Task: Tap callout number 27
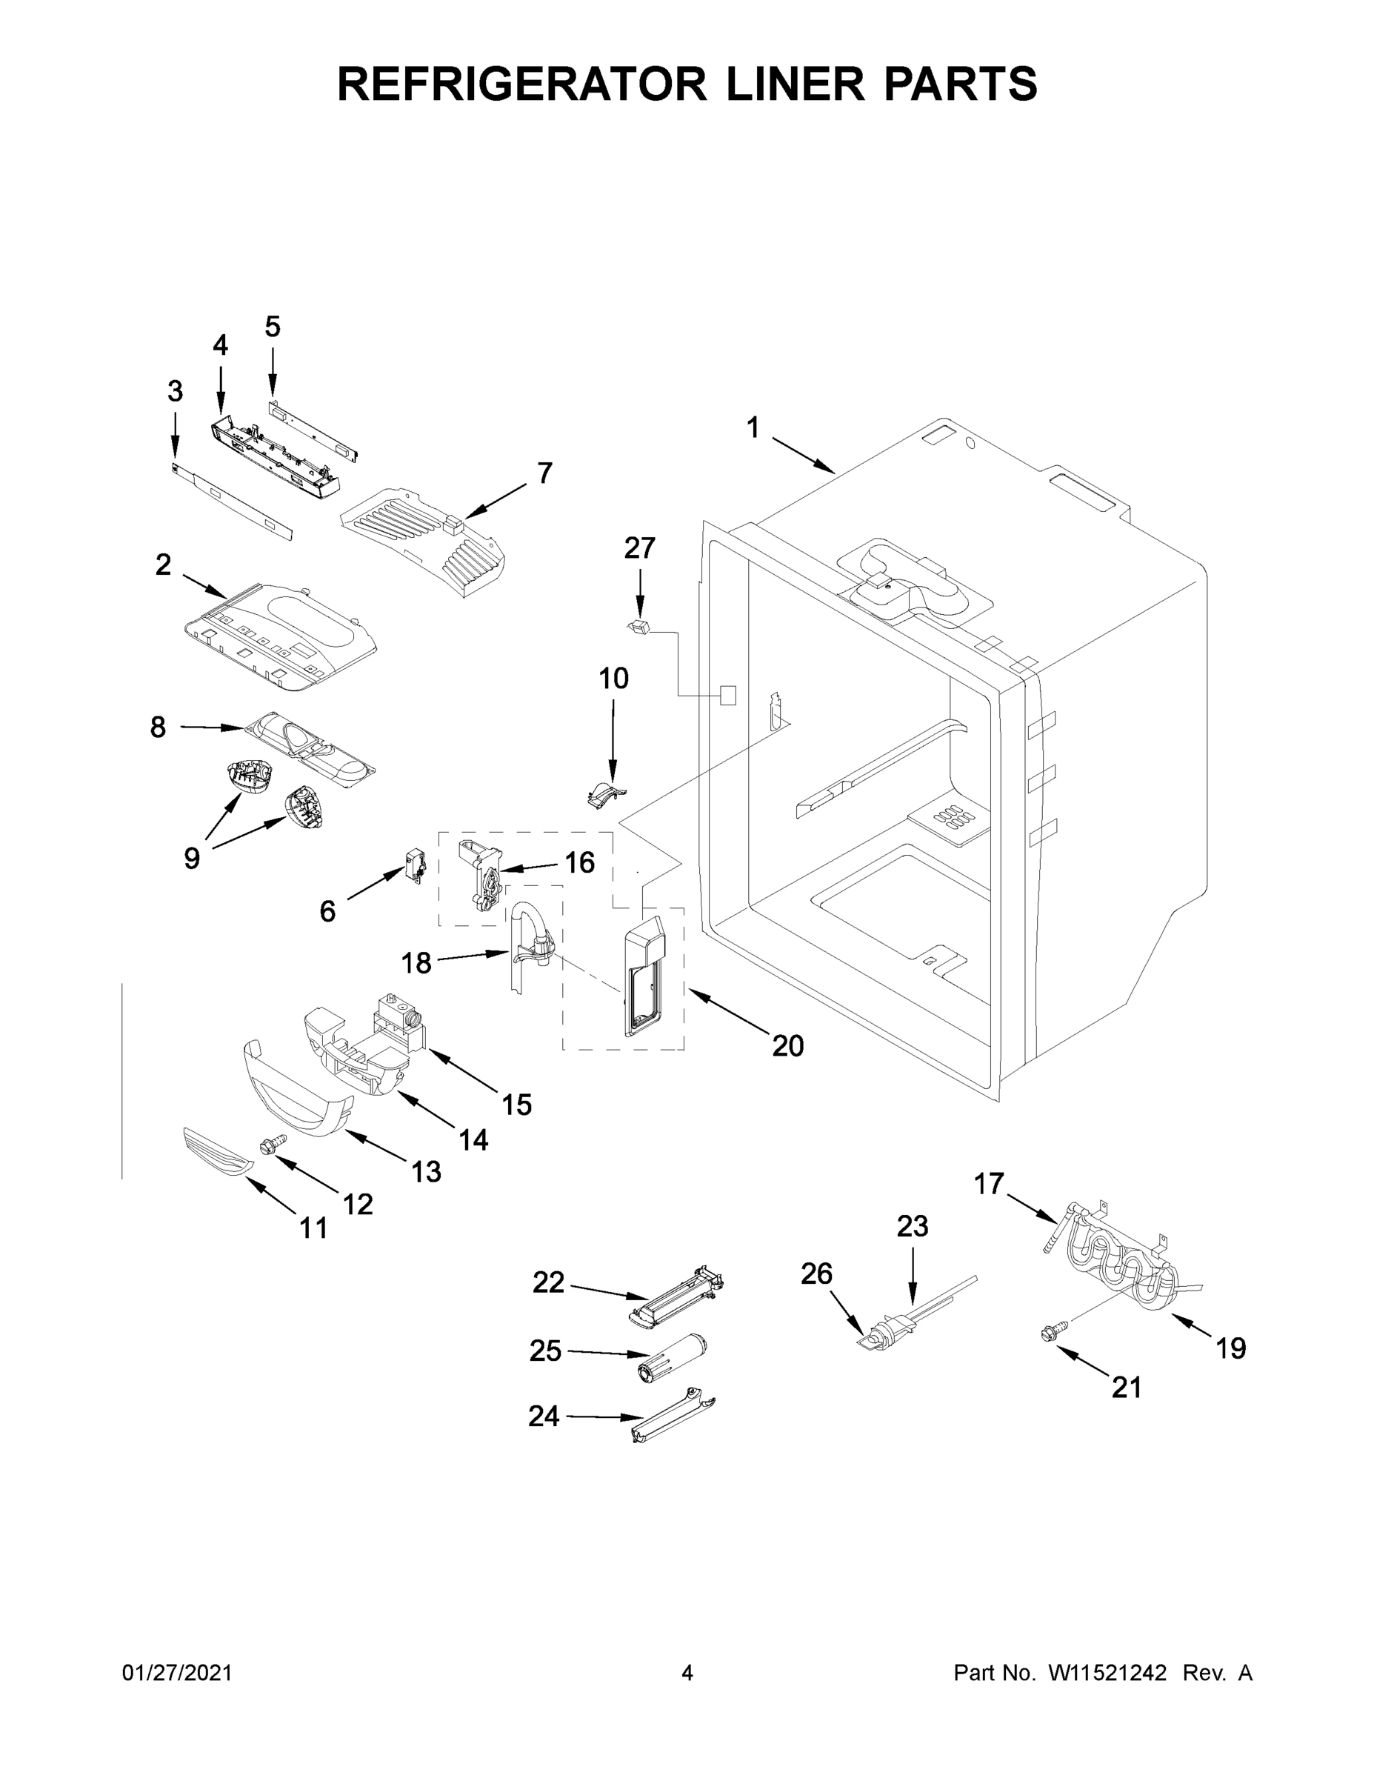(x=639, y=548)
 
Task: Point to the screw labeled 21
(x=1048, y=1333)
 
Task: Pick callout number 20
(x=787, y=1045)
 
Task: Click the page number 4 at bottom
(x=687, y=1673)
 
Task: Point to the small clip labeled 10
(x=606, y=792)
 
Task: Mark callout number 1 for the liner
(x=753, y=427)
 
